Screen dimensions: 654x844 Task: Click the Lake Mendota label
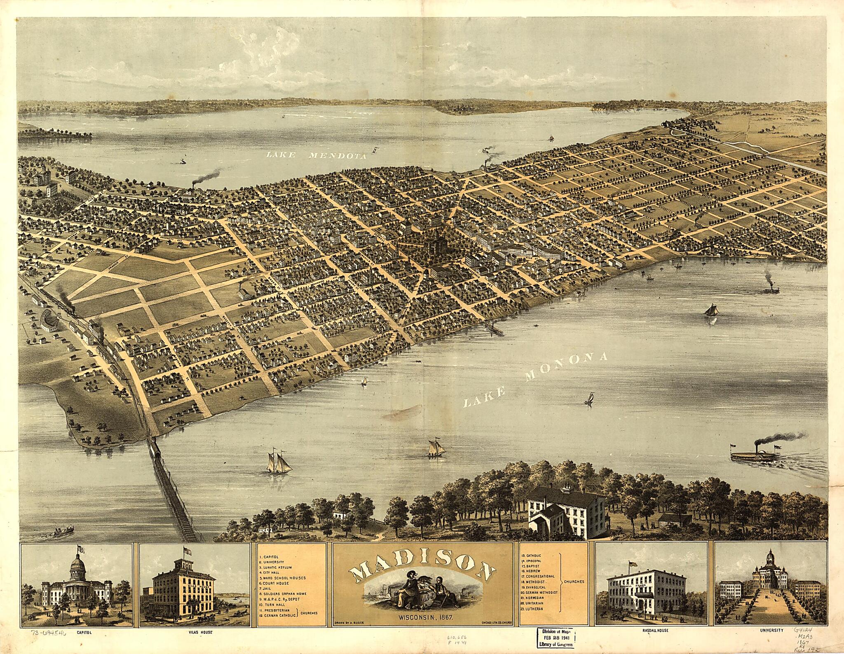(316, 156)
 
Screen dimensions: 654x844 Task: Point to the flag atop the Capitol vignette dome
(79, 549)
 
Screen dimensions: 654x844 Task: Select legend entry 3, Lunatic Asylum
(276, 567)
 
